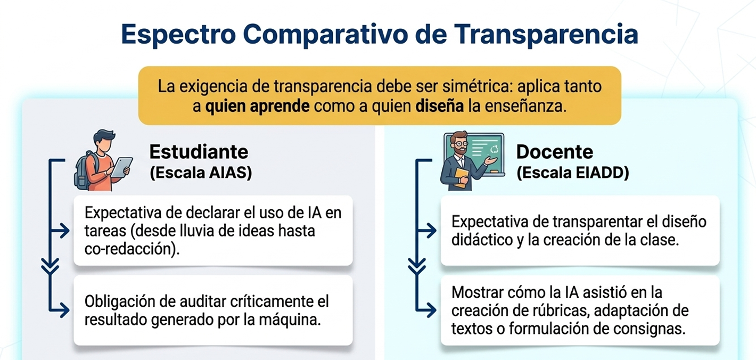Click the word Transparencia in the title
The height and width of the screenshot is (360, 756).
click(x=546, y=34)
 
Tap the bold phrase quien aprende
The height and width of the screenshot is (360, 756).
click(x=257, y=106)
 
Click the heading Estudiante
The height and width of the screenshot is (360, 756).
click(x=199, y=152)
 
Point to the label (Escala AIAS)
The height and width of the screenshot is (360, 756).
click(x=200, y=174)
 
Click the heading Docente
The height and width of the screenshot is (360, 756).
click(x=554, y=152)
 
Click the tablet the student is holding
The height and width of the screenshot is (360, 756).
click(x=122, y=166)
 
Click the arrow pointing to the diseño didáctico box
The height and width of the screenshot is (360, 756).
click(x=429, y=231)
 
